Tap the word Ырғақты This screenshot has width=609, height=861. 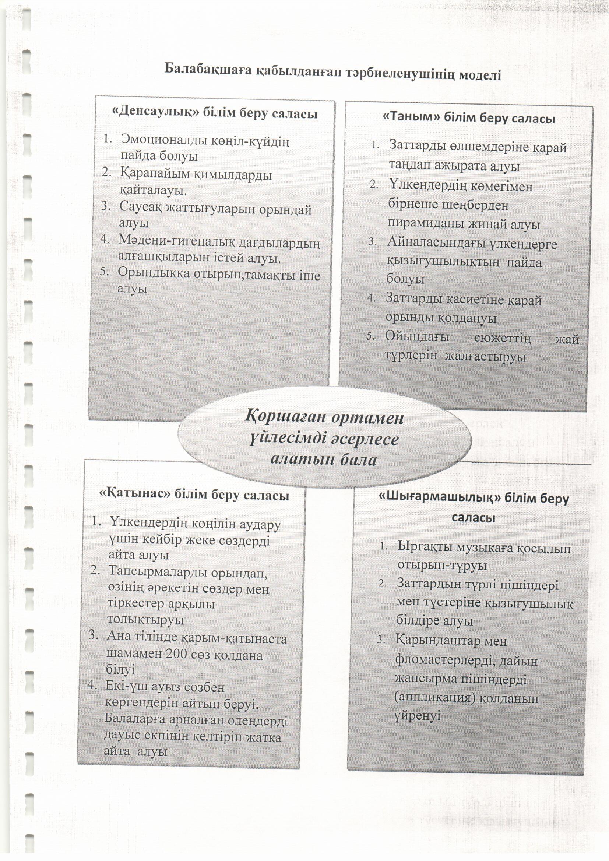(423, 548)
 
